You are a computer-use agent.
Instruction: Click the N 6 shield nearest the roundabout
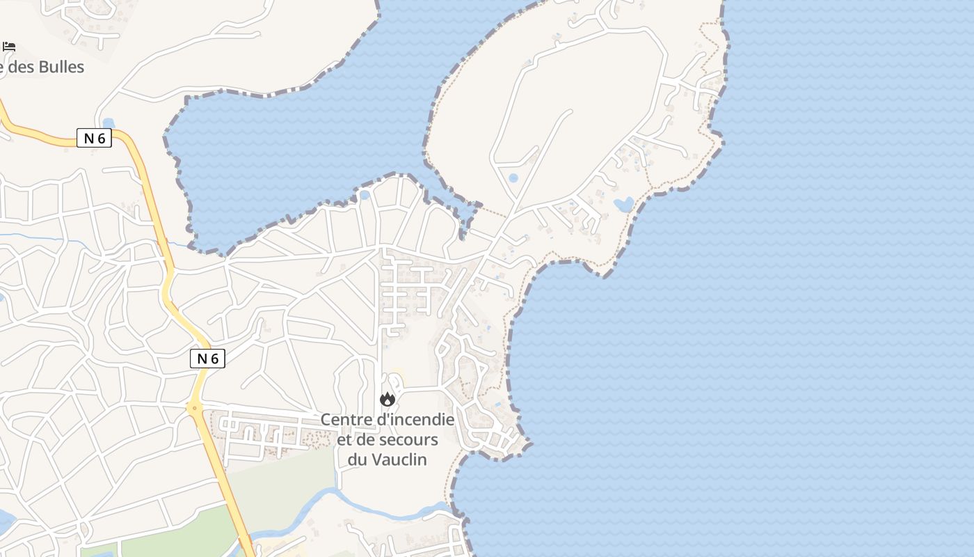[x=207, y=359]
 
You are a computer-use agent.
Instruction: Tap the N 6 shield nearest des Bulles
[x=94, y=138]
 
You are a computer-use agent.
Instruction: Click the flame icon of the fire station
[x=388, y=400]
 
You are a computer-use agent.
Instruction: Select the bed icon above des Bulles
[x=9, y=47]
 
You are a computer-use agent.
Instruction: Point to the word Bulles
[x=61, y=67]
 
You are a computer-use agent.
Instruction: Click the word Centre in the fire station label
[x=346, y=420]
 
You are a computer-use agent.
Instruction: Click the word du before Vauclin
[x=357, y=460]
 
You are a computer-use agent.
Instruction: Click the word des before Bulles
[x=20, y=67]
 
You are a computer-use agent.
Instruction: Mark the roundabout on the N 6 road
[x=195, y=408]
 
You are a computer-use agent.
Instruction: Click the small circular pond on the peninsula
[x=513, y=178]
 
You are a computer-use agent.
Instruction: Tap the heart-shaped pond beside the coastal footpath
[x=623, y=204]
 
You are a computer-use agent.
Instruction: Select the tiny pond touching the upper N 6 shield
[x=108, y=124]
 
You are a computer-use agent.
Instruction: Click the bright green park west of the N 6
[x=139, y=543]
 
